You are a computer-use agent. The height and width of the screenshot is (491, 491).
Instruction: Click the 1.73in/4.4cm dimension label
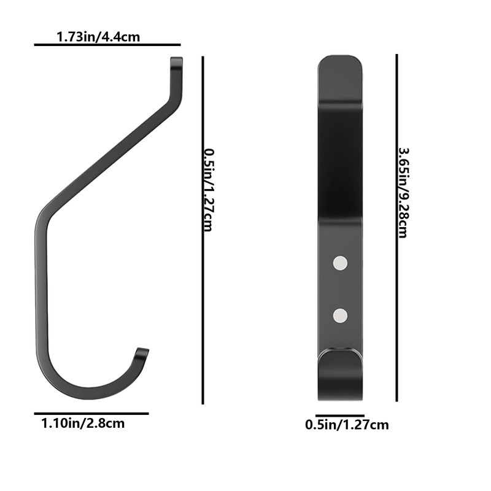coord(98,37)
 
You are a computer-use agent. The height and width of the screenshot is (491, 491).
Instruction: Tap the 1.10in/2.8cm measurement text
coord(83,423)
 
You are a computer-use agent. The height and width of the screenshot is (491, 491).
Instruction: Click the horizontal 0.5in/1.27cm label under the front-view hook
coord(347,424)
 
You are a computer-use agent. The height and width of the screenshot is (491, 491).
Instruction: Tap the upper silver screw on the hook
coord(340,263)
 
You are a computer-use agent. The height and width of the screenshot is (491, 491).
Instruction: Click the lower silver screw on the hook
coord(340,316)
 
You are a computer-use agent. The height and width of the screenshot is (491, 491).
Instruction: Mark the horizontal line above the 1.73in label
coord(107,45)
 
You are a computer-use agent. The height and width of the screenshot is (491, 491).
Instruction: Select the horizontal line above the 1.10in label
coord(91,414)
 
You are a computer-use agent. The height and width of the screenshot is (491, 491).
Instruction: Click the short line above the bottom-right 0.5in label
coord(340,416)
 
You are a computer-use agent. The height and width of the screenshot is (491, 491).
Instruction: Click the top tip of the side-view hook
coord(176,61)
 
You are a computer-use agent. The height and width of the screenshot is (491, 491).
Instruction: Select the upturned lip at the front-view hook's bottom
coord(340,359)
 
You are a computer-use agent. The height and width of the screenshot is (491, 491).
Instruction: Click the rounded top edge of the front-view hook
coord(340,60)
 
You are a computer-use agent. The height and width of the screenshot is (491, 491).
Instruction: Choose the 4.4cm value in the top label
coord(123,37)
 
